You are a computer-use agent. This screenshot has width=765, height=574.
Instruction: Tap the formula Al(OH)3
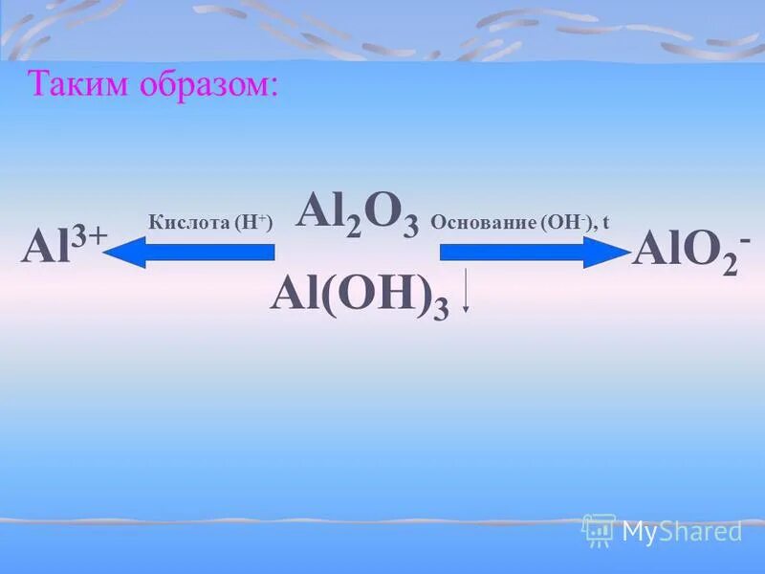(360, 294)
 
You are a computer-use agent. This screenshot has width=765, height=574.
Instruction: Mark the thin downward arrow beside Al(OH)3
(466, 293)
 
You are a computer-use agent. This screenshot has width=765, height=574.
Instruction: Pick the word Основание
(482, 223)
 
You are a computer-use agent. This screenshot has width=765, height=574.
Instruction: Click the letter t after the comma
(606, 223)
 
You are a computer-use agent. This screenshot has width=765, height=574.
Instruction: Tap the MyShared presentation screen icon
(599, 529)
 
